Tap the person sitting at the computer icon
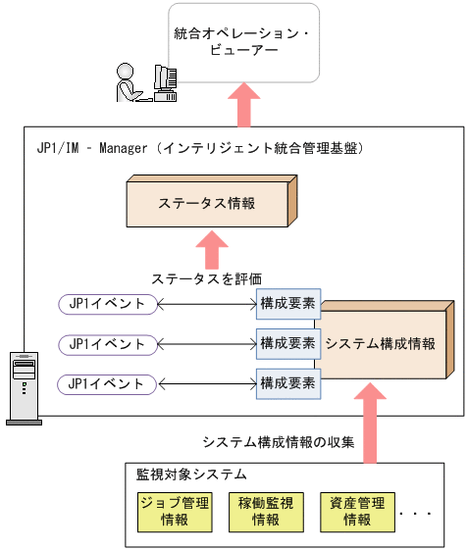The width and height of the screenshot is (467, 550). [147, 81]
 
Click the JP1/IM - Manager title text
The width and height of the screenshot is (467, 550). [196, 148]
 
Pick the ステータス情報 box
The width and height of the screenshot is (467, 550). [208, 204]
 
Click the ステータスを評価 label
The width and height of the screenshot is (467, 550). [207, 277]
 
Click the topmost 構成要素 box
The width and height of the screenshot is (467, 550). [286, 304]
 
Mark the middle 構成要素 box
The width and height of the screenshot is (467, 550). [286, 344]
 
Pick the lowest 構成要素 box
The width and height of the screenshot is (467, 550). [286, 383]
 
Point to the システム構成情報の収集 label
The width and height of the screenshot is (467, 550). [277, 441]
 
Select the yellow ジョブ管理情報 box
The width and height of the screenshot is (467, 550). [175, 512]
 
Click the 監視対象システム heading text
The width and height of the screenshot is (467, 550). [190, 475]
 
